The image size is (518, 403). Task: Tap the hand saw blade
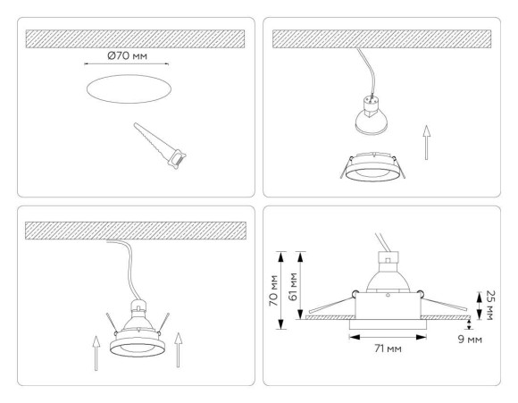150,139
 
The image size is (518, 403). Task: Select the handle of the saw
177,159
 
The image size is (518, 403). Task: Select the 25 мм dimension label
489,302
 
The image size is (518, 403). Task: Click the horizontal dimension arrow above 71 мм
386,337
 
